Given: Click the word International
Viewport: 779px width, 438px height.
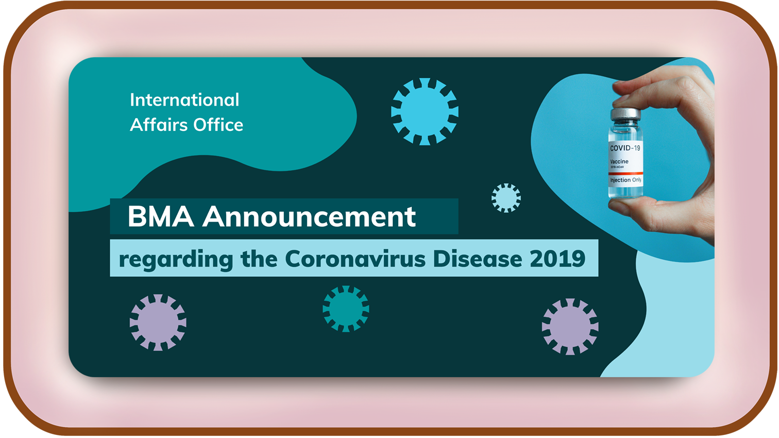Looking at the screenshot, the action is [x=184, y=100].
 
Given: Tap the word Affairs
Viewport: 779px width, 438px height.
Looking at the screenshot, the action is [x=159, y=125].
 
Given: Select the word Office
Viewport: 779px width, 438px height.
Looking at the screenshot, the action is [x=218, y=125].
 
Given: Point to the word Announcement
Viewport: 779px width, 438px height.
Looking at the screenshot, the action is [x=309, y=217].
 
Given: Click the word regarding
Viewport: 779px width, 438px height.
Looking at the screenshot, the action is [x=176, y=260].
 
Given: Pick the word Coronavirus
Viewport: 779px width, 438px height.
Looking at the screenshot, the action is [x=355, y=259].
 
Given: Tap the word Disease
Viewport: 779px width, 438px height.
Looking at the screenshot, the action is [x=478, y=259].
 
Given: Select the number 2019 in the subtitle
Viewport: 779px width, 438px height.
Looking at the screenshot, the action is [x=557, y=259].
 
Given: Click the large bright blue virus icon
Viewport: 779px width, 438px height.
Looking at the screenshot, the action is [x=425, y=112].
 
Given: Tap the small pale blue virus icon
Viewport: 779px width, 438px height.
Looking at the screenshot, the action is [x=506, y=198].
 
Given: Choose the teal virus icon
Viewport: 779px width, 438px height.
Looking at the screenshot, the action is [x=346, y=309].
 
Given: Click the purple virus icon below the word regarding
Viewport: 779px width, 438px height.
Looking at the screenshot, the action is [x=158, y=323].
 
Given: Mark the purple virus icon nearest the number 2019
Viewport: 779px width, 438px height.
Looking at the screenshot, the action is [x=570, y=327].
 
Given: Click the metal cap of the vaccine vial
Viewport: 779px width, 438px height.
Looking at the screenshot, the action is [x=625, y=114].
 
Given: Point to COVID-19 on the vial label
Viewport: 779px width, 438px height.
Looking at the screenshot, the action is [x=625, y=148].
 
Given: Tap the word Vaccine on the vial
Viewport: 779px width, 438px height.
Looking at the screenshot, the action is [x=619, y=161].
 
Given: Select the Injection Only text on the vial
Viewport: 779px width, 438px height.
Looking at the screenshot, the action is [x=625, y=180].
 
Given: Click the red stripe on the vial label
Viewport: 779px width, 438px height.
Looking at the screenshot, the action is [x=625, y=173].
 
